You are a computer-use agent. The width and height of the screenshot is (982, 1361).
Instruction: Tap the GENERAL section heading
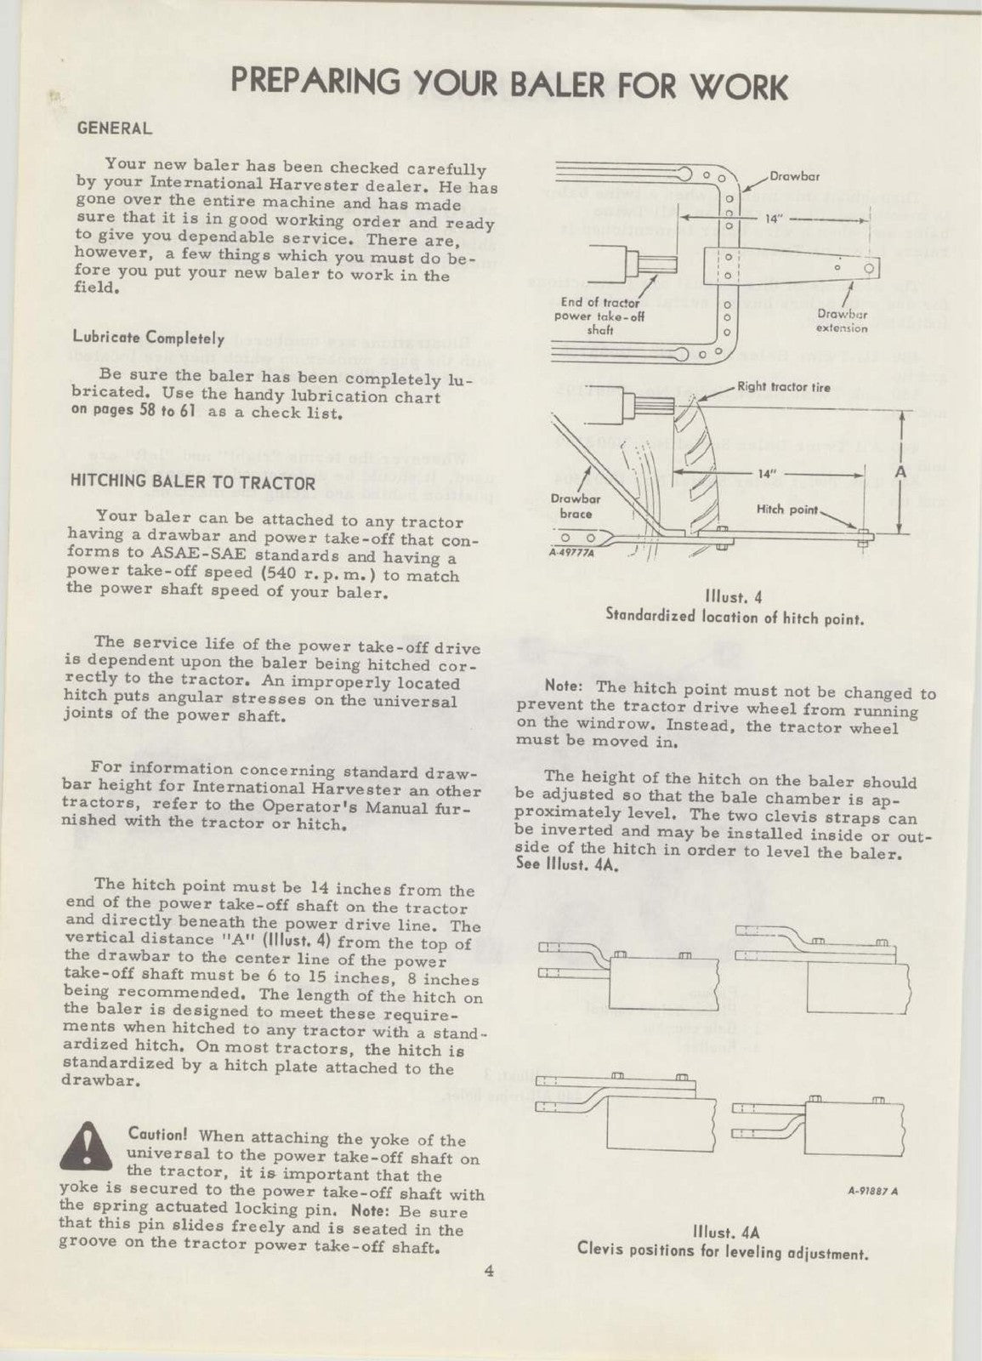pos(114,129)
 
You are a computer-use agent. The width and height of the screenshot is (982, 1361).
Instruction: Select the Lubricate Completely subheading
pos(148,338)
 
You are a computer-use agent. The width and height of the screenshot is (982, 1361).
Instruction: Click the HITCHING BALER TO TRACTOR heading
pos(192,482)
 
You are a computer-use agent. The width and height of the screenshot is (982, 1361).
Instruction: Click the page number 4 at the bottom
pos(489,1272)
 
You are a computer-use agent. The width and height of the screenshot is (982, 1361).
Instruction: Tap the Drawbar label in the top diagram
pos(794,176)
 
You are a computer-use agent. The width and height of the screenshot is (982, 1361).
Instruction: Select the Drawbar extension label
pos(842,322)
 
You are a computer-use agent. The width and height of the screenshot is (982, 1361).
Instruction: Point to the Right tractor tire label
pos(783,388)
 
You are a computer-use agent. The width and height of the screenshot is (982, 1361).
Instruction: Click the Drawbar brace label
pos(575,507)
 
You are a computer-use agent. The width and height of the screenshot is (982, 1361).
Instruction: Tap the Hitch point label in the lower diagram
pos(786,510)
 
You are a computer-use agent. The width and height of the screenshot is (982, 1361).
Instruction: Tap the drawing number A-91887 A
pos(872,1190)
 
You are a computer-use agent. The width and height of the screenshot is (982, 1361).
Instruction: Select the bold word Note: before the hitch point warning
pos(565,686)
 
